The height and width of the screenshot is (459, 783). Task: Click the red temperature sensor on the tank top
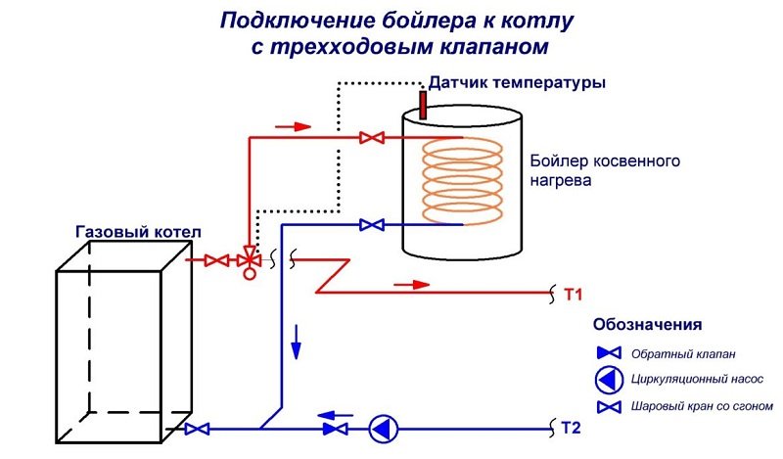coord(425,101)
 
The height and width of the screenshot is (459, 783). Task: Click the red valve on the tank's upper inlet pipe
coord(371,138)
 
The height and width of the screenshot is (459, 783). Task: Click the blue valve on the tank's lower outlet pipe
coord(372,225)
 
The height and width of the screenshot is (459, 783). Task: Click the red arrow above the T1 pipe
coord(412,284)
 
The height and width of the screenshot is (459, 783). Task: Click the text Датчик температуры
coord(518,84)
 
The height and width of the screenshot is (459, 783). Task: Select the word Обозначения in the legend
coord(647,324)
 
